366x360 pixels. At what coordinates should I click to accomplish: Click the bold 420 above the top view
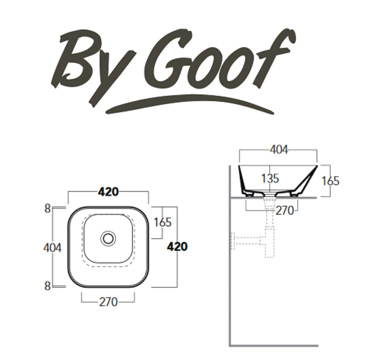108,192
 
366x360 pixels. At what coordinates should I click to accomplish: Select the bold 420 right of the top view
178,247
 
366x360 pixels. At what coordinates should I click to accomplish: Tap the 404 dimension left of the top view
52,248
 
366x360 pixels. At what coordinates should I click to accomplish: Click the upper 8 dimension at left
48,209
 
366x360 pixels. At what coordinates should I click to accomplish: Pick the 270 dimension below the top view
108,302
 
